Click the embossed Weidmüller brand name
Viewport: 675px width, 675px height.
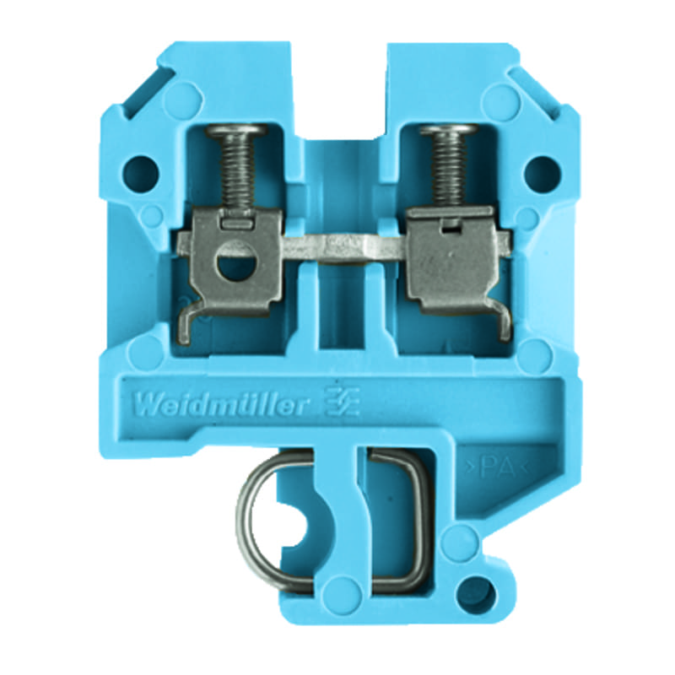[221, 405]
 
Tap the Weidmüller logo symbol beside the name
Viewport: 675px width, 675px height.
[343, 402]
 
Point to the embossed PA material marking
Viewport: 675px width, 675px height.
[497, 467]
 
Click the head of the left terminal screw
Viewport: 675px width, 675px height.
[236, 130]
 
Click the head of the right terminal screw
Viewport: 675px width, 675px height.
[449, 129]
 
